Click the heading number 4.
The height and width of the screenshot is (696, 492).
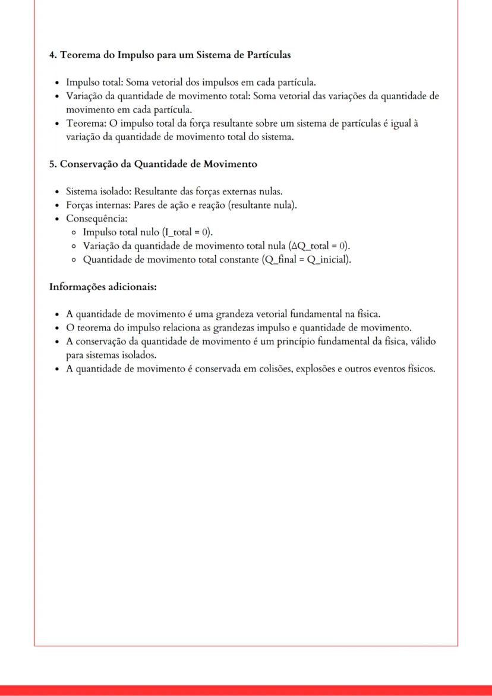(x=52, y=55)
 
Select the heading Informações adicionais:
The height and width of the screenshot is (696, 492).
(x=103, y=287)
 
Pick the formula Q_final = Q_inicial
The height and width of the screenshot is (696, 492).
(x=305, y=260)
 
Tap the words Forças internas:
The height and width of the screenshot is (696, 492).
(x=99, y=206)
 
